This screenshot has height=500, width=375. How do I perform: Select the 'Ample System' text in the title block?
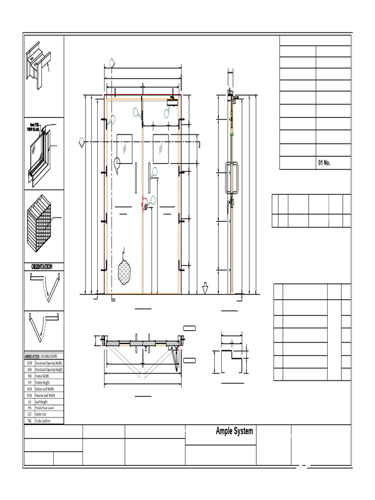(x=234, y=431)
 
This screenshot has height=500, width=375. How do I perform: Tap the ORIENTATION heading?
(x=43, y=267)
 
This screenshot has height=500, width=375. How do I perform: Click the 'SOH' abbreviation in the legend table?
(x=29, y=370)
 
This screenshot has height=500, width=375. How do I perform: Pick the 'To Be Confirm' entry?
(x=46, y=420)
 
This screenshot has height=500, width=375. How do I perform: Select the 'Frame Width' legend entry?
(x=42, y=376)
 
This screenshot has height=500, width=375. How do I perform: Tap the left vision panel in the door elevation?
(x=125, y=148)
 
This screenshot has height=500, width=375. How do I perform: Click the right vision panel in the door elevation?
(x=161, y=148)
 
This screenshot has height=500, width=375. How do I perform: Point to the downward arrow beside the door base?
(x=205, y=289)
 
